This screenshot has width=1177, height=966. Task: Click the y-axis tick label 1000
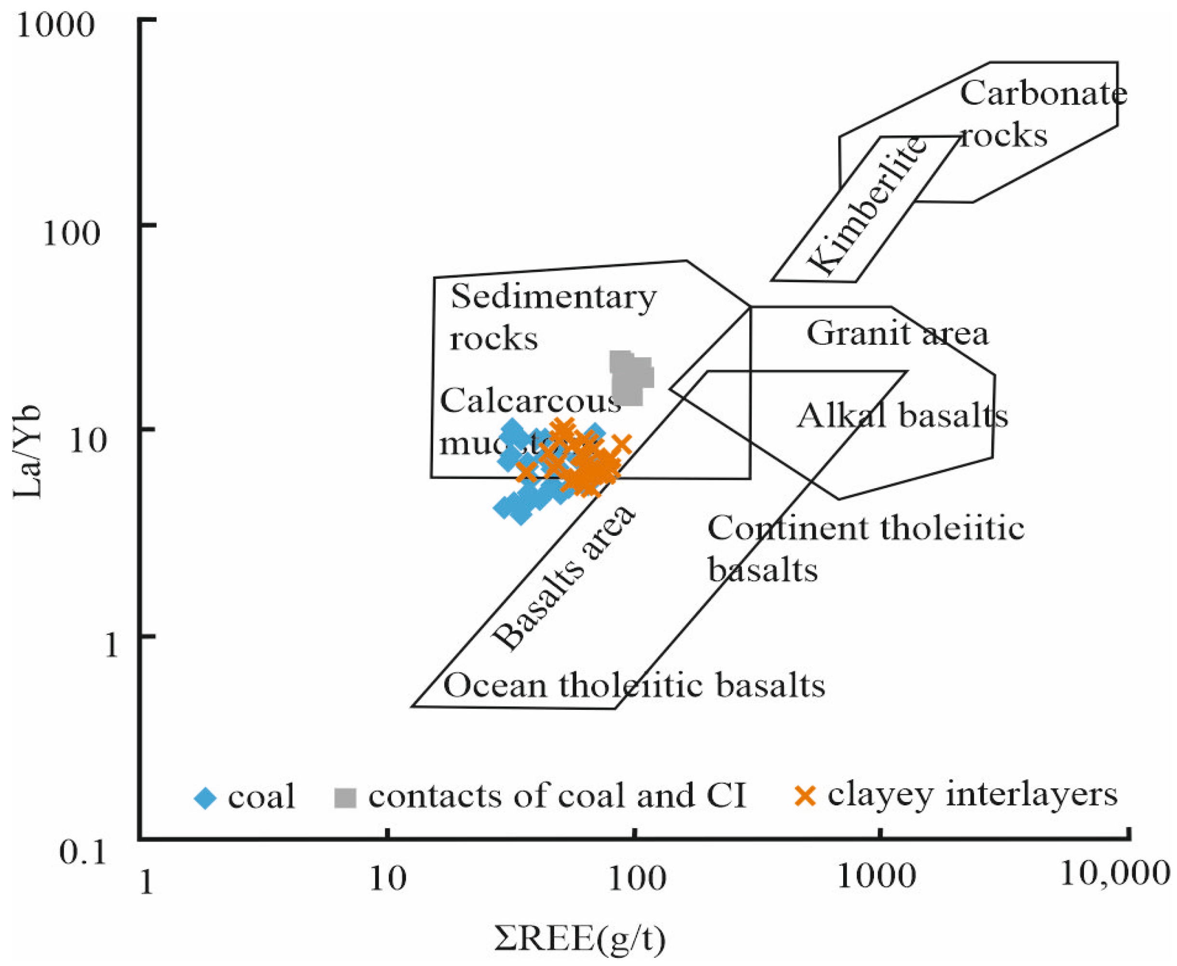click(55, 26)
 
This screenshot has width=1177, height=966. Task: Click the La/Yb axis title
click(28, 451)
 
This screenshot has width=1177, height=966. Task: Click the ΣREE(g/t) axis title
click(579, 939)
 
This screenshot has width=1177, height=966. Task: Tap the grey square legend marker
click(344, 797)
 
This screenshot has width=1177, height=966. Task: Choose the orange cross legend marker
click(805, 796)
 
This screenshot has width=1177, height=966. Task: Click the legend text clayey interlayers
click(972, 795)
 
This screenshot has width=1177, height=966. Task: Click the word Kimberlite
click(866, 206)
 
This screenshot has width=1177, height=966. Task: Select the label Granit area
click(897, 333)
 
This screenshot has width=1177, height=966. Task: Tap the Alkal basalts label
click(902, 416)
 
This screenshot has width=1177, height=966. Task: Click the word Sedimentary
click(553, 298)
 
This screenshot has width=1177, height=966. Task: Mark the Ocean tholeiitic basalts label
click(633, 685)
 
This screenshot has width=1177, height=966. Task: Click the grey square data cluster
click(630, 377)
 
